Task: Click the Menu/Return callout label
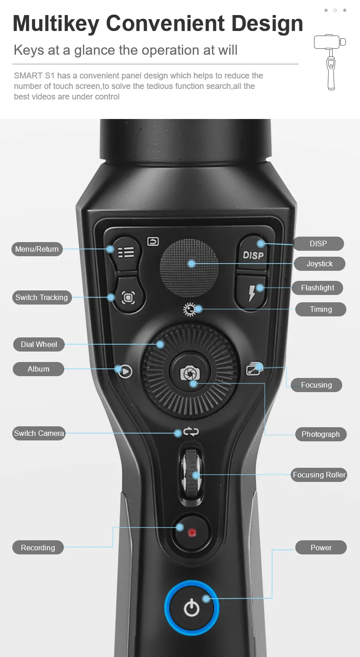coord(37,249)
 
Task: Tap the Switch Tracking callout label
coord(41,297)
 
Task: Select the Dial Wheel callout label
coord(39,344)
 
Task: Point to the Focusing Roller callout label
coord(319,475)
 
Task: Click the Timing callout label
coord(321,309)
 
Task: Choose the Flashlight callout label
coord(318,288)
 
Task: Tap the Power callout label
coord(321,547)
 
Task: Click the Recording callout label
coord(38,547)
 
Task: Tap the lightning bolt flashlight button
coord(251,292)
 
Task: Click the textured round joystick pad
coord(189,268)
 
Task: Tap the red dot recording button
coord(192,533)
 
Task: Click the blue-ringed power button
coord(192,608)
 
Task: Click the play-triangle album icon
coord(125,371)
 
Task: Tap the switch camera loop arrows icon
coord(191,432)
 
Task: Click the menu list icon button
coord(126,252)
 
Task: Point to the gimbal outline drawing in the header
coord(330,62)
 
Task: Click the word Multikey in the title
coord(56,23)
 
